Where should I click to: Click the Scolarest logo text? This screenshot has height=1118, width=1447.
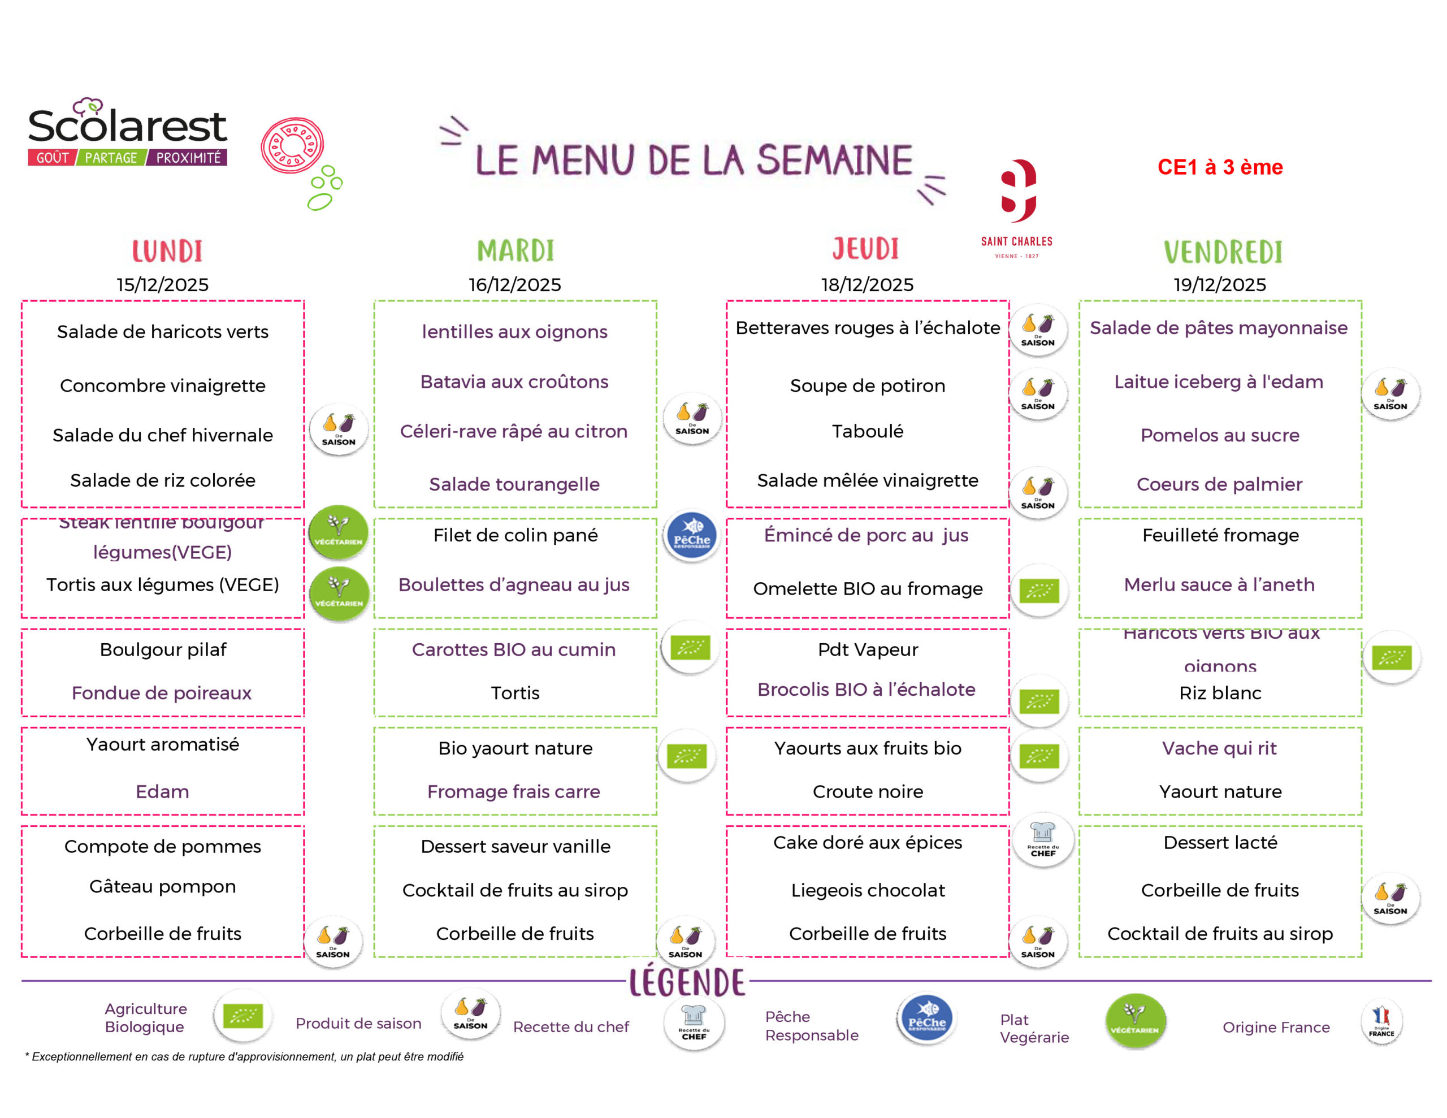[x=127, y=126]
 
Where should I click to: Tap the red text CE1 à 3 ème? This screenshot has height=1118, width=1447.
[x=1220, y=167]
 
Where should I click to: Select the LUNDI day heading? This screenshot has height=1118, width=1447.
[x=167, y=251]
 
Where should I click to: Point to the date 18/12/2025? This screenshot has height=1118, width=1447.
[x=867, y=284]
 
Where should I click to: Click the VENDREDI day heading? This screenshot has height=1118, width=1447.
[x=1223, y=252]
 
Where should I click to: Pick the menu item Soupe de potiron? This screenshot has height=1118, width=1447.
[x=867, y=385]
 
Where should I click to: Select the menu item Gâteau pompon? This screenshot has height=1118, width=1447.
[x=162, y=886]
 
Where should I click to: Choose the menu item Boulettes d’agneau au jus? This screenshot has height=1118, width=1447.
[x=514, y=584]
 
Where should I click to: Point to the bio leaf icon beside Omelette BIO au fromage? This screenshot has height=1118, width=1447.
[x=1039, y=590]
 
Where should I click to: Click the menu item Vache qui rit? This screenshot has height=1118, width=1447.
[x=1219, y=748]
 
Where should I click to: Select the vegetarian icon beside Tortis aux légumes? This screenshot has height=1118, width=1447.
[x=339, y=593]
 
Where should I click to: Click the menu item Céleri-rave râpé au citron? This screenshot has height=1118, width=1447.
[x=514, y=431]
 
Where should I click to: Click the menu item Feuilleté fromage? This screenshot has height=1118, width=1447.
[x=1220, y=535]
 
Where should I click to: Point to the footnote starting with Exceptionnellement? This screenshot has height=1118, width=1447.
[x=245, y=1056]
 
